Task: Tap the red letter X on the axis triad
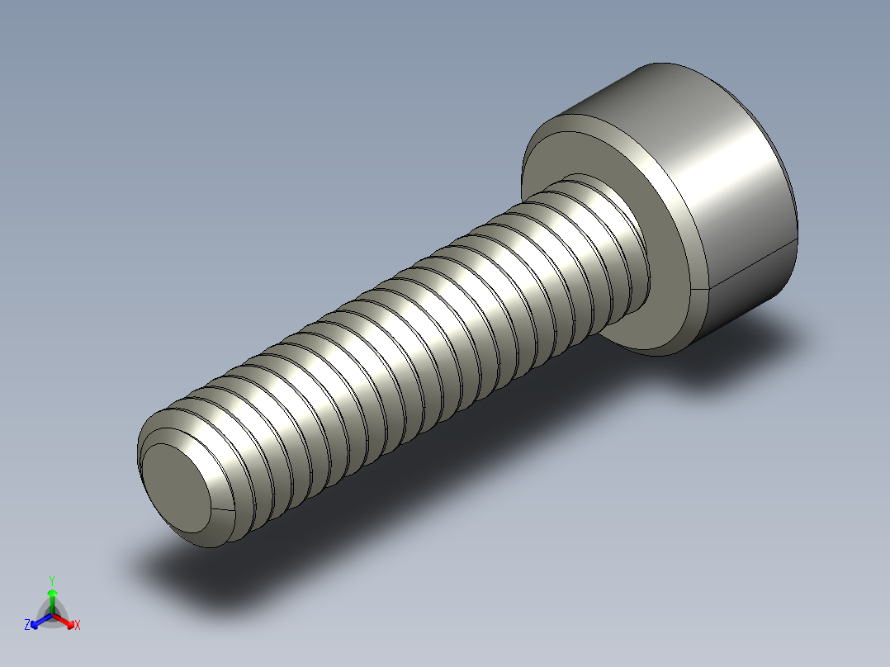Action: pos(78,626)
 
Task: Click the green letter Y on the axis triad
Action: pos(52,580)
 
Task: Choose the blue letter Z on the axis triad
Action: pos(27,626)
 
